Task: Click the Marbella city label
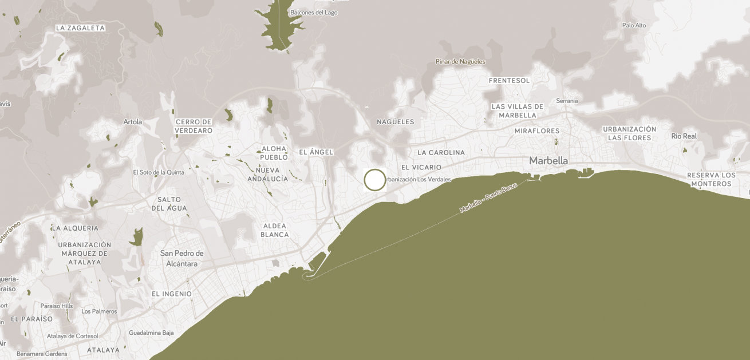click(x=548, y=161)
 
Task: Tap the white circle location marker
click(x=375, y=180)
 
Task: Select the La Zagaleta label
click(x=81, y=28)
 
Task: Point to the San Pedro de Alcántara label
click(x=182, y=259)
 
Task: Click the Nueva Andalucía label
click(x=268, y=175)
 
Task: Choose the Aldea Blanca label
click(x=275, y=230)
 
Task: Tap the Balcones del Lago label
click(x=314, y=13)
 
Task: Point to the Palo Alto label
click(x=634, y=25)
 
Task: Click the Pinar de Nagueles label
click(x=460, y=62)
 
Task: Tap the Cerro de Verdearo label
click(x=194, y=126)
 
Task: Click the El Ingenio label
click(x=172, y=294)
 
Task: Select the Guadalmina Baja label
click(x=151, y=333)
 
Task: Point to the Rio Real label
click(x=684, y=136)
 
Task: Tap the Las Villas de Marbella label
click(x=518, y=110)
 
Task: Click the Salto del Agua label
click(x=169, y=204)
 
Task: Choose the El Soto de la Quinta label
click(x=159, y=172)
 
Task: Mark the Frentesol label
click(x=510, y=81)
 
